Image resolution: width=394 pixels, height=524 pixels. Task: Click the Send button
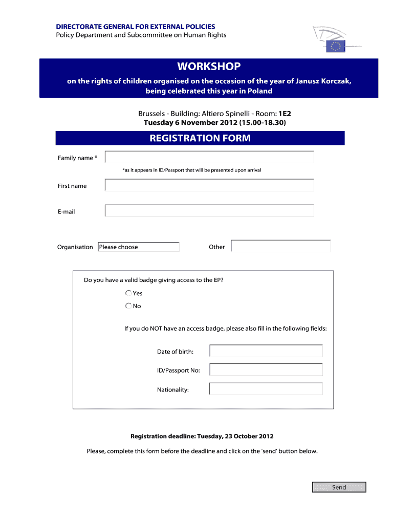click(x=339, y=487)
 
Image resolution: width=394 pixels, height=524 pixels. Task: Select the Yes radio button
click(x=128, y=293)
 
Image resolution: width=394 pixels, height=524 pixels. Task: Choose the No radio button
click(x=128, y=306)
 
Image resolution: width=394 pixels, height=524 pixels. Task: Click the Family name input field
click(x=209, y=158)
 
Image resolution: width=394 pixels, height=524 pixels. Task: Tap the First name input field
click(x=209, y=185)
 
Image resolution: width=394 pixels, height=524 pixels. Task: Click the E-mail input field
click(x=209, y=211)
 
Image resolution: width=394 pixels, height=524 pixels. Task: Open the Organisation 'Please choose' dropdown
click(x=138, y=247)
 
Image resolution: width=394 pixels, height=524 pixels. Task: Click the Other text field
click(x=281, y=246)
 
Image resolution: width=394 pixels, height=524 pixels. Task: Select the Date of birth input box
click(x=266, y=351)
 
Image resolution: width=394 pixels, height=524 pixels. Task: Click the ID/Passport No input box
click(x=266, y=370)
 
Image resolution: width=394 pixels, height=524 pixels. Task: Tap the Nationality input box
click(x=266, y=389)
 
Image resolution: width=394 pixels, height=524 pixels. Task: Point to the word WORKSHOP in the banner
click(x=209, y=67)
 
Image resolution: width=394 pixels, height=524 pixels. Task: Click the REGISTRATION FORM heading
click(x=200, y=138)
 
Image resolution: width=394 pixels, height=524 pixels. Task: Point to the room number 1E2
click(x=284, y=114)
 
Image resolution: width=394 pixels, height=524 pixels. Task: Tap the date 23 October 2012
click(x=249, y=436)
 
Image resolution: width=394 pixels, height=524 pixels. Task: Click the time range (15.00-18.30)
click(x=262, y=123)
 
